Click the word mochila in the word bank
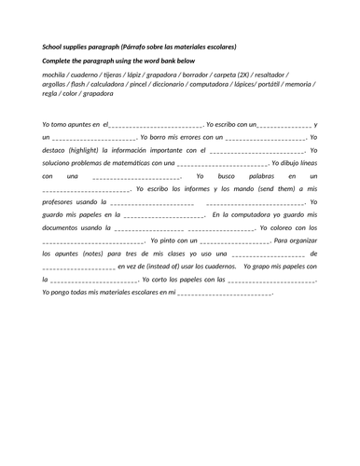[55, 73]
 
